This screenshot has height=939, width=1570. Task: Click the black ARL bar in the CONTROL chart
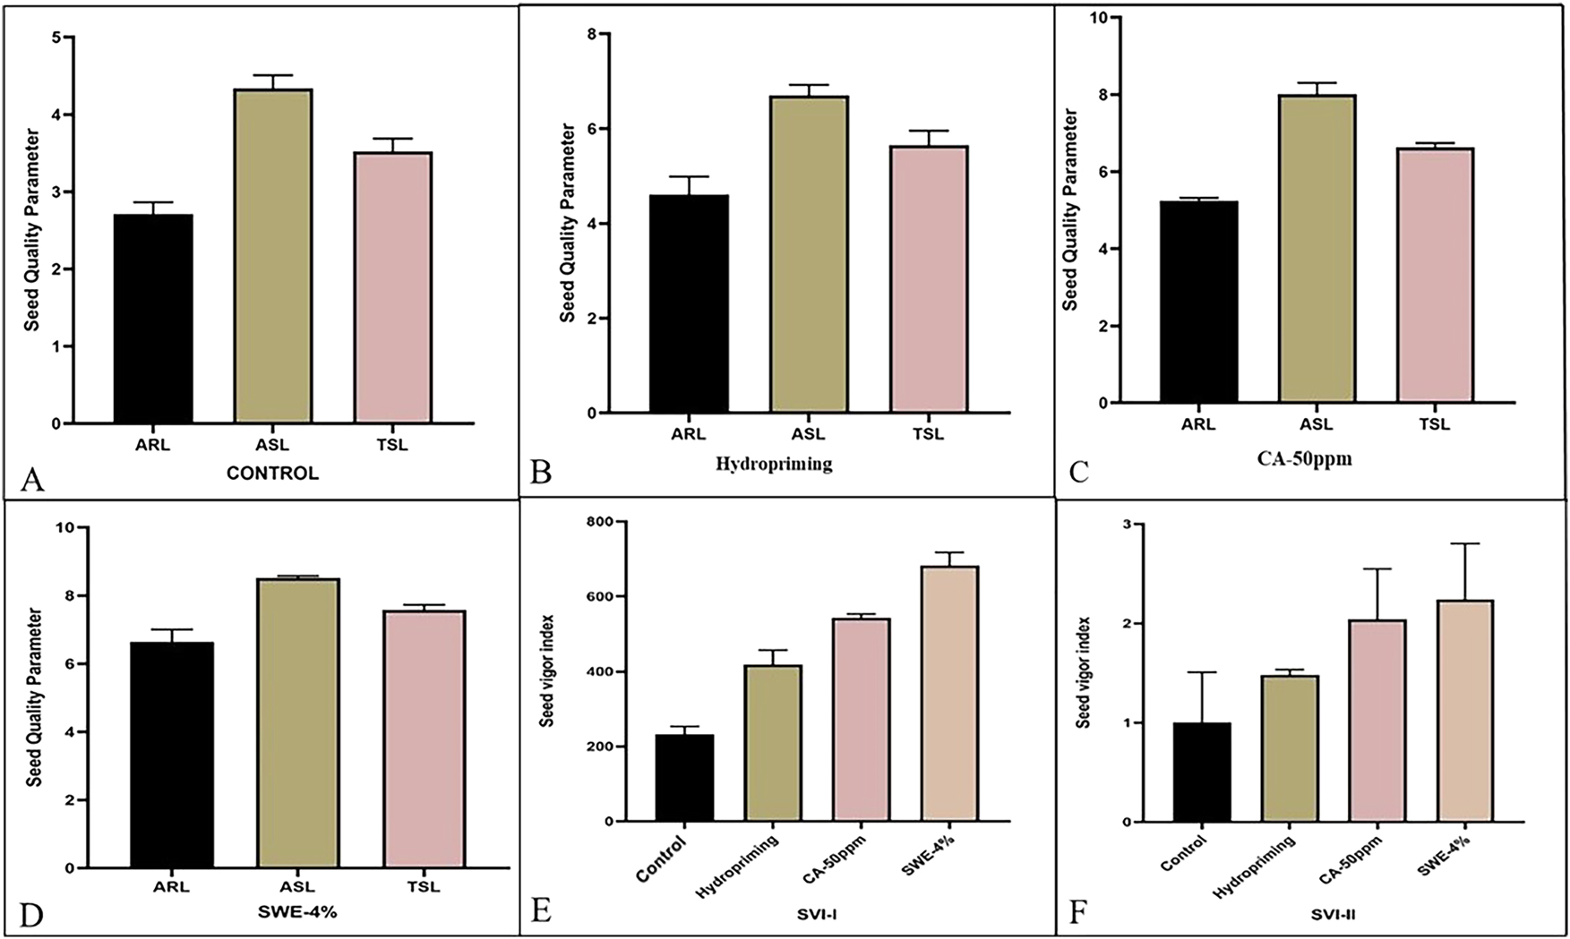coord(153,319)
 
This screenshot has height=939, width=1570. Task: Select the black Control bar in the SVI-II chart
coord(1201,772)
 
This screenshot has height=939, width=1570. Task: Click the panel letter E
coord(540,911)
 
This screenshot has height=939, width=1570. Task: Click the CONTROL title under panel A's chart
coord(272,474)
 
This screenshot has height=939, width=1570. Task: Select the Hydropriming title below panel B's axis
coord(774,465)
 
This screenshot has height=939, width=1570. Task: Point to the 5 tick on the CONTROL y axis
coord(56,38)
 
